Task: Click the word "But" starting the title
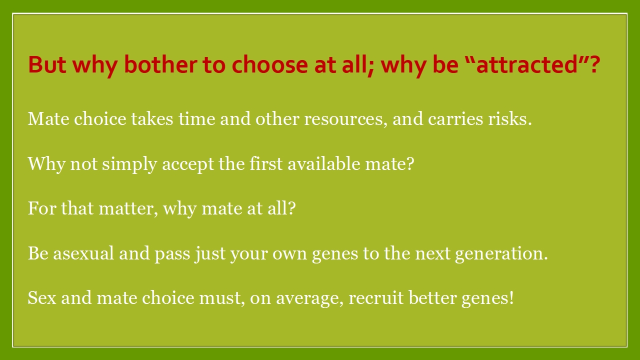pyautogui.click(x=47, y=64)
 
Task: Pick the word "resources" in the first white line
pyautogui.click(x=343, y=119)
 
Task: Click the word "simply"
pyautogui.click(x=129, y=164)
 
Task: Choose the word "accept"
pyautogui.click(x=188, y=165)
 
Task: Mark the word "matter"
pyautogui.click(x=127, y=208)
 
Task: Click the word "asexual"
pyautogui.click(x=83, y=253)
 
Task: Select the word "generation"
pyautogui.click(x=499, y=254)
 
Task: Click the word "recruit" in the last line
pyautogui.click(x=376, y=298)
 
